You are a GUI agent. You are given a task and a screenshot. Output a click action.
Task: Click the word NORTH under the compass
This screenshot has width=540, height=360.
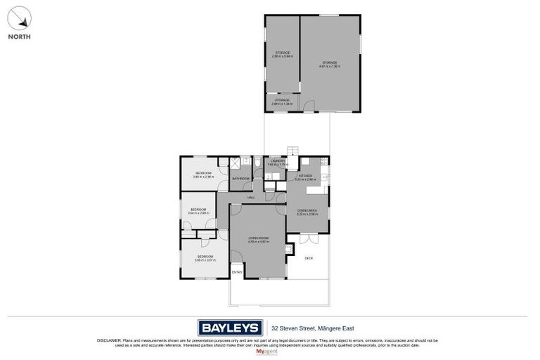coord(19,37)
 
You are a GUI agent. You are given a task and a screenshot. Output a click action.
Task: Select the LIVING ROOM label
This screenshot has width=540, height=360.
coord(258,240)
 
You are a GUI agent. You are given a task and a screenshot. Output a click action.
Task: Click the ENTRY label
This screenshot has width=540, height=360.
coord(236,272)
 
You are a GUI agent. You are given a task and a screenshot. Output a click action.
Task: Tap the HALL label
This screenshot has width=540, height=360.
coord(251,198)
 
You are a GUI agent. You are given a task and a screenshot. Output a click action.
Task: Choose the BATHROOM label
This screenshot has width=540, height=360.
coord(241,179)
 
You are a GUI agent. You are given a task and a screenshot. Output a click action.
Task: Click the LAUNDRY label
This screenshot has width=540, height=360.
coord(277,162)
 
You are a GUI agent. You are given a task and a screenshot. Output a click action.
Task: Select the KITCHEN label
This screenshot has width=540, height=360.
coord(305,176)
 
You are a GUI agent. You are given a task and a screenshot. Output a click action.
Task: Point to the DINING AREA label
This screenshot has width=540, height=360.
coord(307,210)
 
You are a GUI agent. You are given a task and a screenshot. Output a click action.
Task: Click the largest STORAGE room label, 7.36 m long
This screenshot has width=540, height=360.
coord(330,63)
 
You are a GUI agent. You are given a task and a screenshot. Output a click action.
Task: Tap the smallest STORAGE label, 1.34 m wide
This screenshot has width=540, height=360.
coord(281,101)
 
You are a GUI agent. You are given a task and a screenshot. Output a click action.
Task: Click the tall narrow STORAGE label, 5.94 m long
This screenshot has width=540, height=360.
coord(283,53)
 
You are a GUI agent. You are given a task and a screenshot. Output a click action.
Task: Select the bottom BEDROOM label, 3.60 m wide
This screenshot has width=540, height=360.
coord(205,257)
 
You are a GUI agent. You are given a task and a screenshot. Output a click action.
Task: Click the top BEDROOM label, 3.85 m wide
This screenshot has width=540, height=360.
coord(203,173)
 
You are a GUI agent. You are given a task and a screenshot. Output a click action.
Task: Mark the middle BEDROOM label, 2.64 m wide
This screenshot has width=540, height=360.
coord(198,210)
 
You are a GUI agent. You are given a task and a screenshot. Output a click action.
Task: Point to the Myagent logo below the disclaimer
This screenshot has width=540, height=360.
coord(269,349)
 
